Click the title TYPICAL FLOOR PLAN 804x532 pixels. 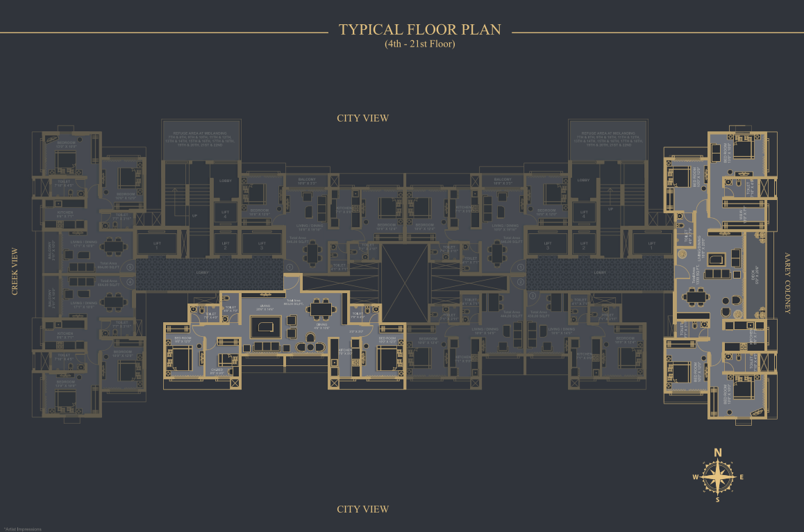click(x=419, y=31)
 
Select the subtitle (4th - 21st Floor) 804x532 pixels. click(x=419, y=44)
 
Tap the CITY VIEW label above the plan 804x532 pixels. click(x=362, y=118)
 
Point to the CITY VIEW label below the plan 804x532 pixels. click(x=362, y=509)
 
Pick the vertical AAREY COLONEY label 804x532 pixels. click(x=787, y=283)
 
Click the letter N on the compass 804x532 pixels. click(x=718, y=453)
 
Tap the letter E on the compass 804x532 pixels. click(x=741, y=477)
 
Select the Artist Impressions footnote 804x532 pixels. click(x=23, y=529)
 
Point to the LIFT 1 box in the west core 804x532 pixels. click(x=157, y=243)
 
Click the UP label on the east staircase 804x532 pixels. click(x=610, y=209)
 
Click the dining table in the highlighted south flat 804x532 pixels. click(x=321, y=309)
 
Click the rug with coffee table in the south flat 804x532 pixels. click(x=265, y=327)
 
